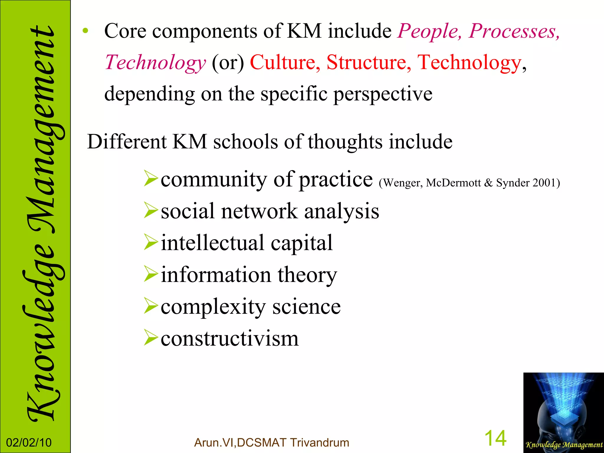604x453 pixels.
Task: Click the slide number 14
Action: click(x=495, y=439)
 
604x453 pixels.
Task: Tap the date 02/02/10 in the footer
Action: click(x=29, y=443)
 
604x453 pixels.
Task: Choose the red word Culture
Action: click(x=285, y=63)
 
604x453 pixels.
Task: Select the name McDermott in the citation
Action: click(x=453, y=183)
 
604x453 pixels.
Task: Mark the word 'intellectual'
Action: click(x=212, y=243)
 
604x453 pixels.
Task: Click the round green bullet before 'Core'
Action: click(x=85, y=31)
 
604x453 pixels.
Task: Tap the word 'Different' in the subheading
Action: click(x=127, y=142)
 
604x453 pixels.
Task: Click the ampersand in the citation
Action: click(x=488, y=183)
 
